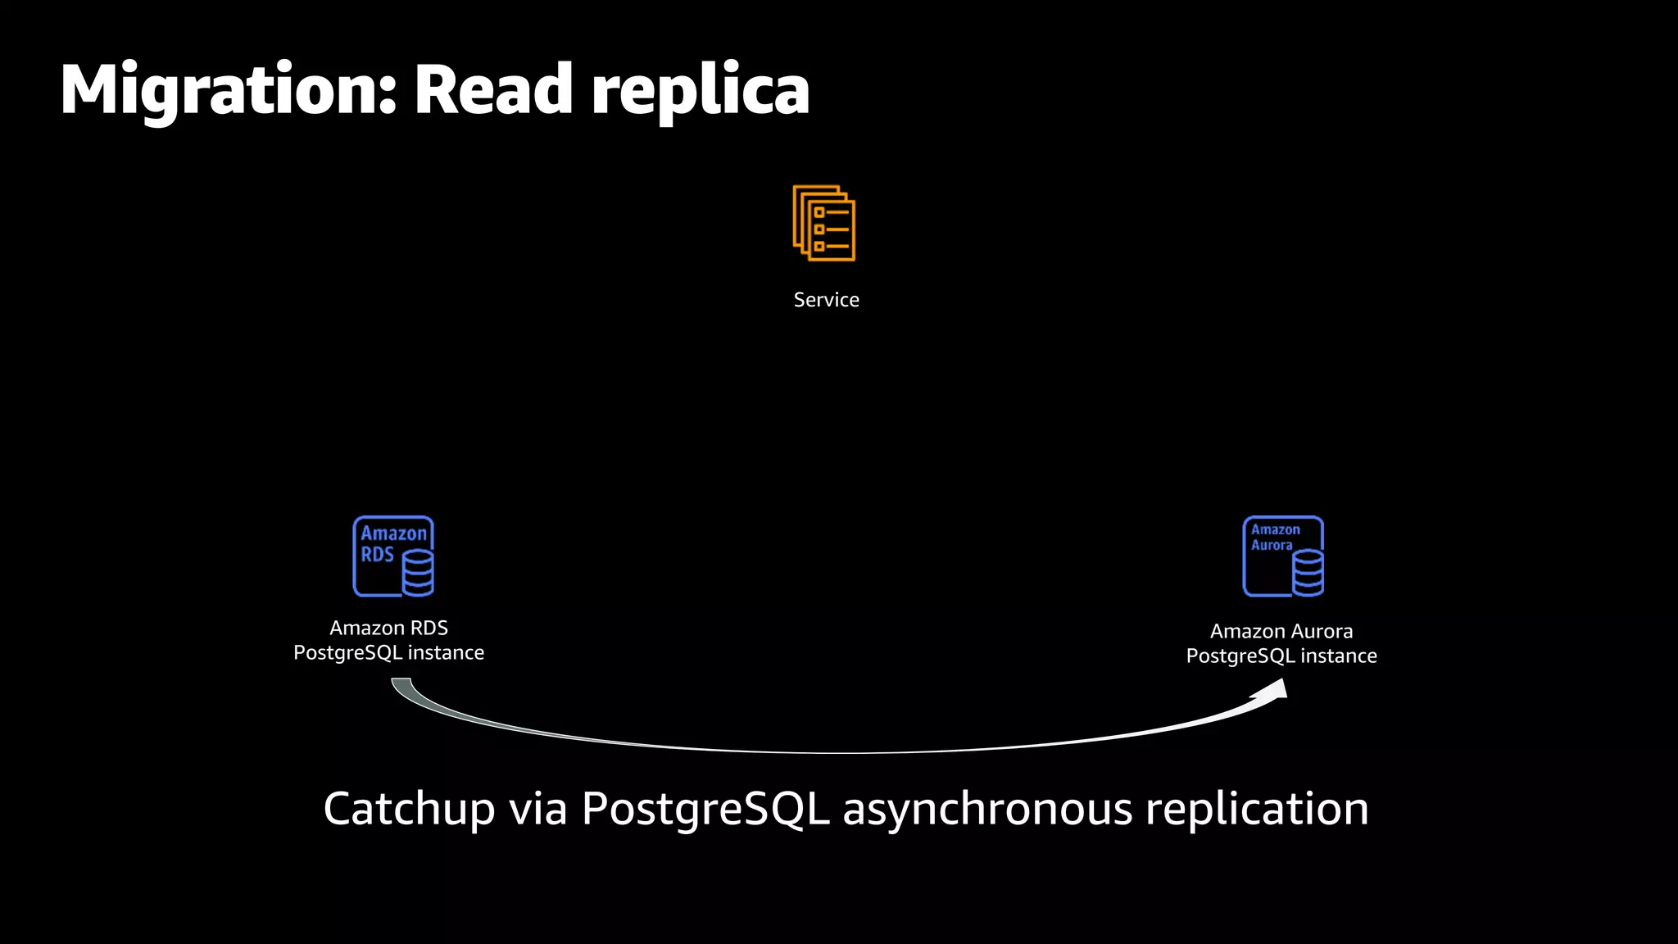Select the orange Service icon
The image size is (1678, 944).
[x=824, y=223]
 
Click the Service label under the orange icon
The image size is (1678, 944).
[x=826, y=300]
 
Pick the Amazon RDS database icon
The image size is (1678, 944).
[x=393, y=556]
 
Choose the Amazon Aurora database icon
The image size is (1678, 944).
[x=1283, y=556]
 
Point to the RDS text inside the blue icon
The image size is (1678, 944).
[x=378, y=555]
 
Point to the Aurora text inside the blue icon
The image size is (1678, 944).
[x=1272, y=546]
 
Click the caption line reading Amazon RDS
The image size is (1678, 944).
[x=388, y=628]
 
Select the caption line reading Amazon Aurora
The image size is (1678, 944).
[x=1281, y=631]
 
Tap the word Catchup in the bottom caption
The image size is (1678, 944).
[x=409, y=809]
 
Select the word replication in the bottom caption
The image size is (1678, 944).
[x=1257, y=809]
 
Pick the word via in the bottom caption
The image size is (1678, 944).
[x=538, y=809]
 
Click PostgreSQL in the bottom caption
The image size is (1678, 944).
[x=705, y=809]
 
